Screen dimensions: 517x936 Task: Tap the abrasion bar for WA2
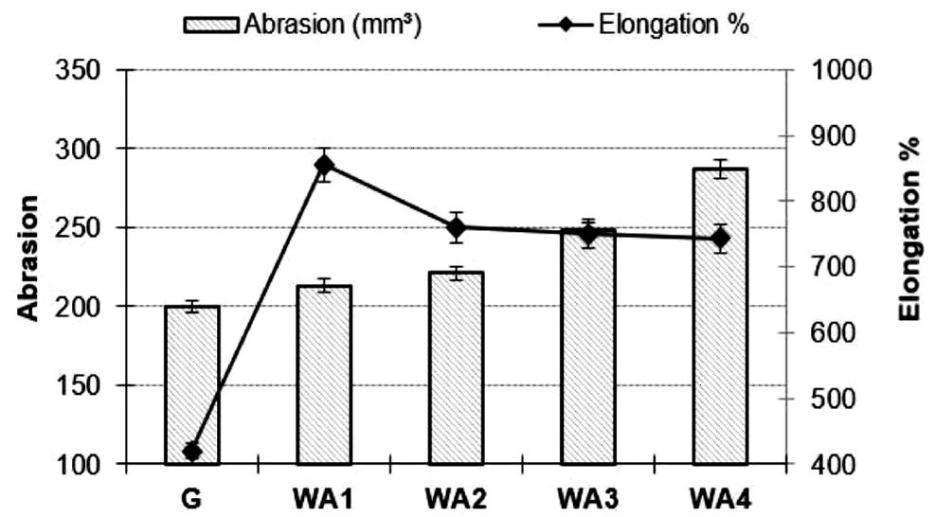(x=456, y=368)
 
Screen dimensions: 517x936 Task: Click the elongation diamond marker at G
(x=192, y=452)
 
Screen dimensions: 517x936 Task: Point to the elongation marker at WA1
(x=324, y=165)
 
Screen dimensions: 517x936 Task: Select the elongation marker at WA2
(x=456, y=227)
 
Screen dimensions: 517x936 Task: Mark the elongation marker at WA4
(x=720, y=238)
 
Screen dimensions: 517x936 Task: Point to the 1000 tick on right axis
(x=834, y=70)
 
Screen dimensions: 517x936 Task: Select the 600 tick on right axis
(x=828, y=333)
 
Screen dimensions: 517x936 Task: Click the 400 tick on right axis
(x=828, y=465)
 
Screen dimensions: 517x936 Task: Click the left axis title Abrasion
(x=30, y=258)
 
